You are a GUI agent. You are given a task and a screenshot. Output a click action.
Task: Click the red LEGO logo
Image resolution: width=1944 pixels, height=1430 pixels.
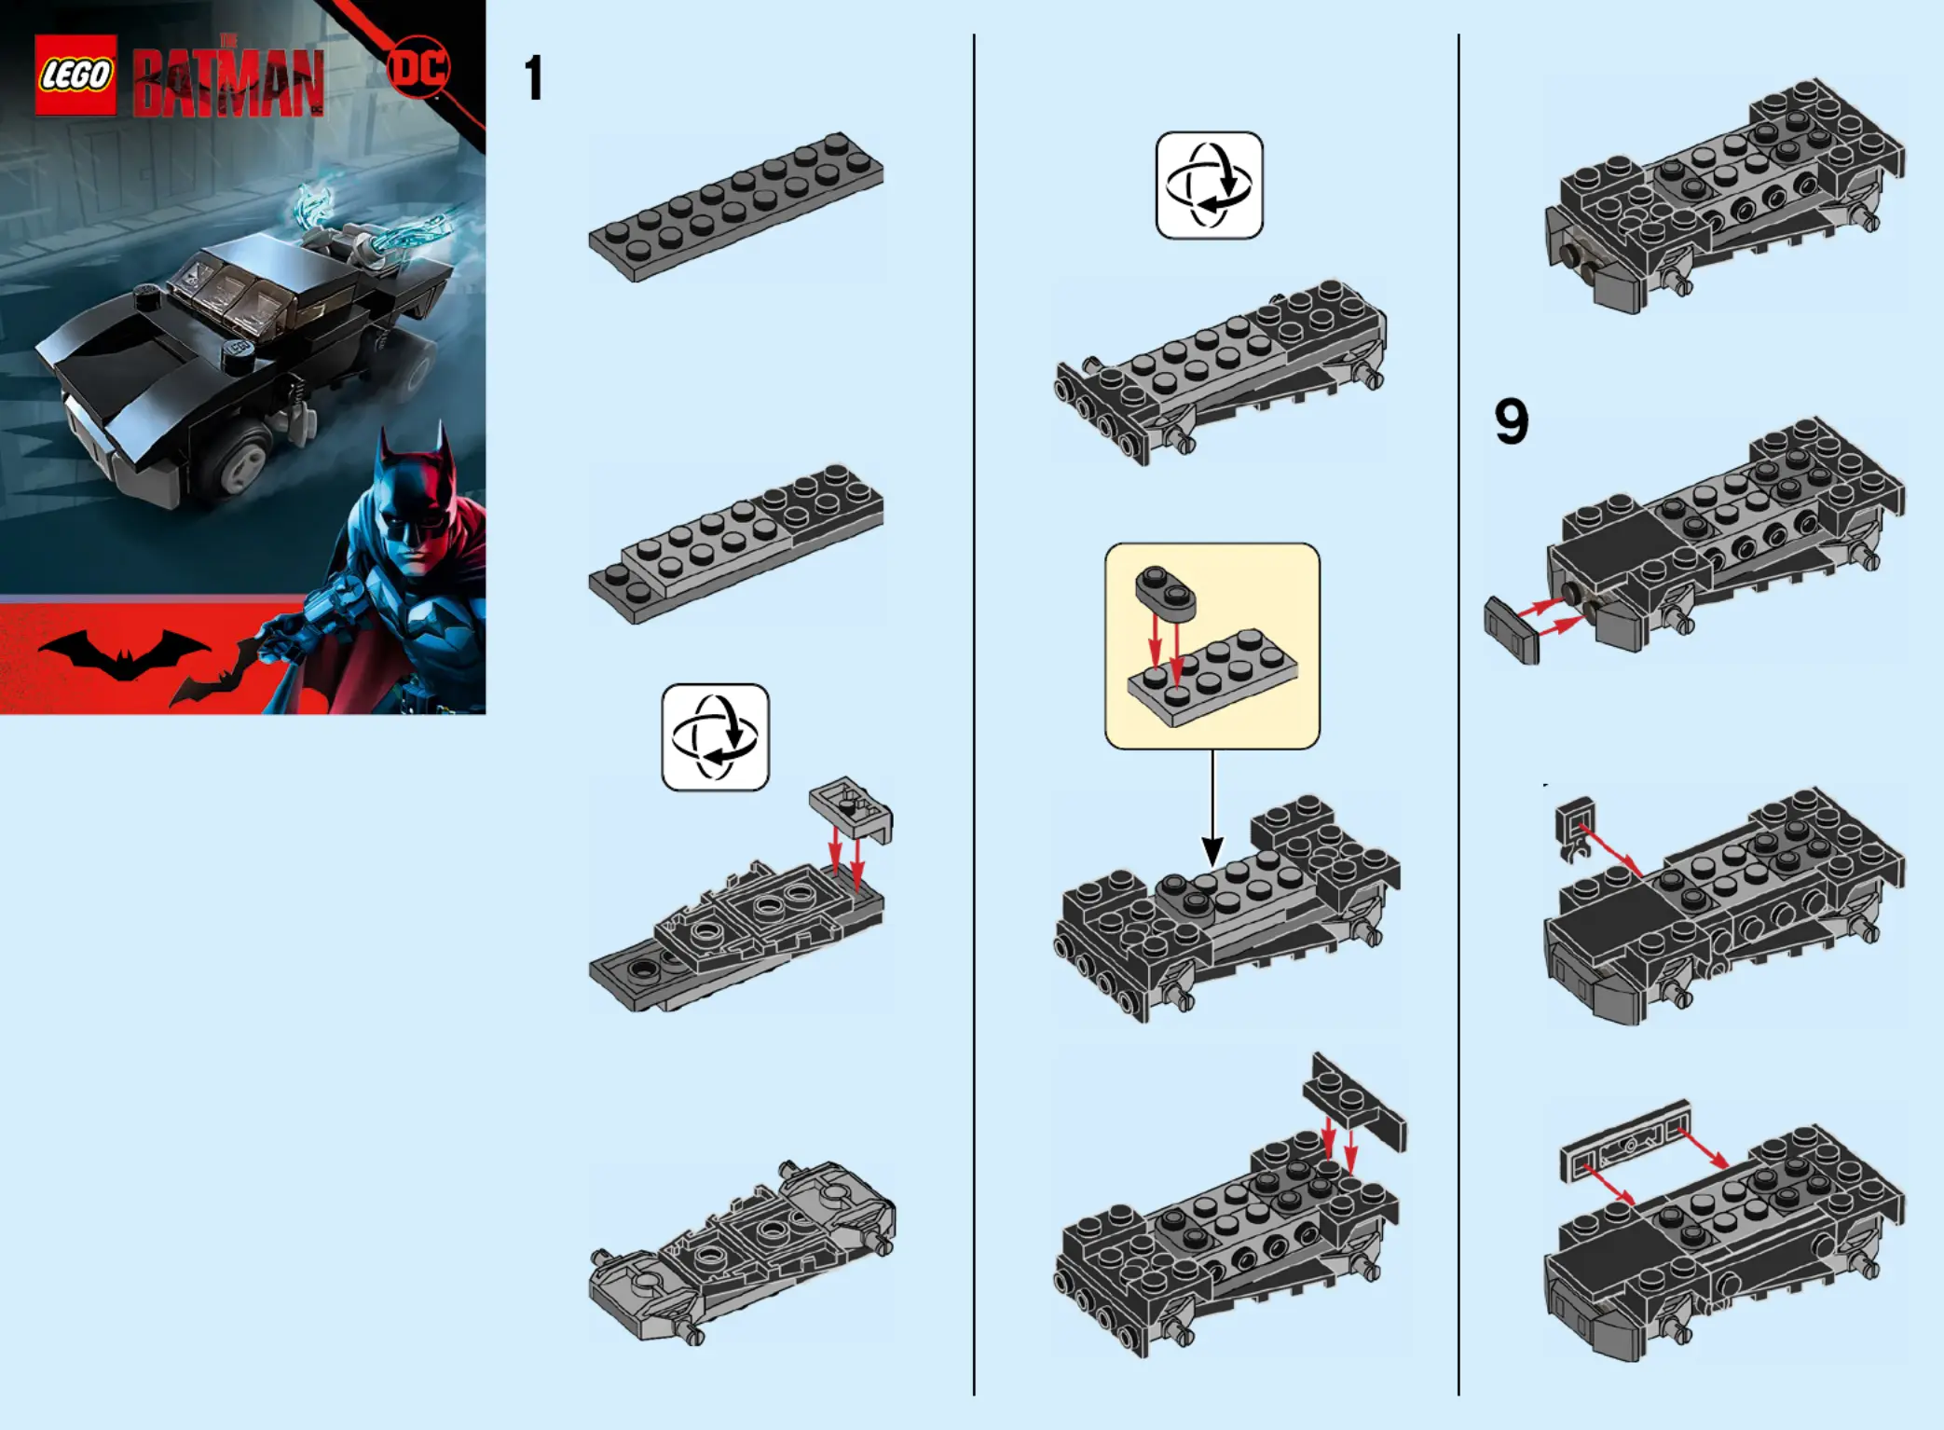tap(75, 75)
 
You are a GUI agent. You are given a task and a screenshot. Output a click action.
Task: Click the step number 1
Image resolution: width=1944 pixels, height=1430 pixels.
tap(533, 78)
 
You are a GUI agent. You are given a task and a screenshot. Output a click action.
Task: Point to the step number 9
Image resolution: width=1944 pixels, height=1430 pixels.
tap(1511, 421)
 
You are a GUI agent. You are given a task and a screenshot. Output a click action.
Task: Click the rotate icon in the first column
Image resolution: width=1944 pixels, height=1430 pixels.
tap(715, 737)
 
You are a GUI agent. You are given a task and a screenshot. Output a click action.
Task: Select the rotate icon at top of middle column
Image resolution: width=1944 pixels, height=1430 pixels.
tap(1209, 185)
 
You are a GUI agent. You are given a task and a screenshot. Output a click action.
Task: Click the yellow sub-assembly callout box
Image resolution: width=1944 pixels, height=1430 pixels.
tap(1212, 646)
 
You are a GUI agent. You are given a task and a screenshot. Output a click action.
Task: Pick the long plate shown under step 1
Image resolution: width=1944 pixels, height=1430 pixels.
tap(735, 206)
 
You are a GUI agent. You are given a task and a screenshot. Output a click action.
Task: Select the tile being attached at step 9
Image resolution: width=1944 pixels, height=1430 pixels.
tap(1512, 630)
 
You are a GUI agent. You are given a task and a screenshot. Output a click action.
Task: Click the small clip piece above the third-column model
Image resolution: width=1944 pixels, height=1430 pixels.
tap(1575, 826)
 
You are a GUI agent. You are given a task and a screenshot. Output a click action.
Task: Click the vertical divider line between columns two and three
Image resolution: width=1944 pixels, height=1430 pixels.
tap(1458, 714)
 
